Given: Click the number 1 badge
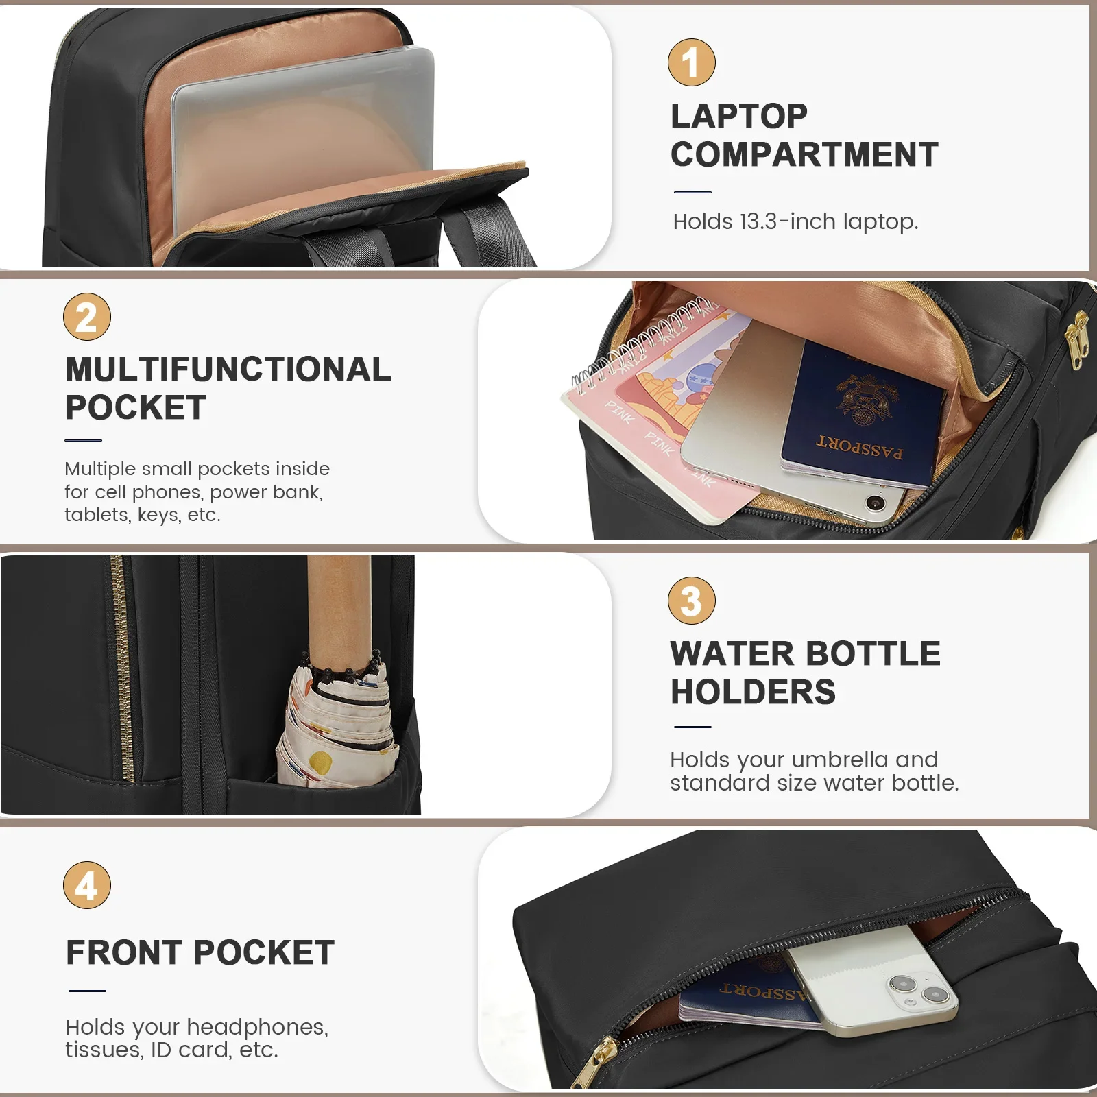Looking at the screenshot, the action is pos(691,62).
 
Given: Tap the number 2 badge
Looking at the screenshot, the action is pos(87,317).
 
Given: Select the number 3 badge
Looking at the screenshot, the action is pos(691,601).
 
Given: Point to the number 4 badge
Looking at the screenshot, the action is pos(87,885).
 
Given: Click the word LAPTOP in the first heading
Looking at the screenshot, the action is pos(739,116).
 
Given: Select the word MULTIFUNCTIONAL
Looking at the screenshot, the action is pos(228,369).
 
